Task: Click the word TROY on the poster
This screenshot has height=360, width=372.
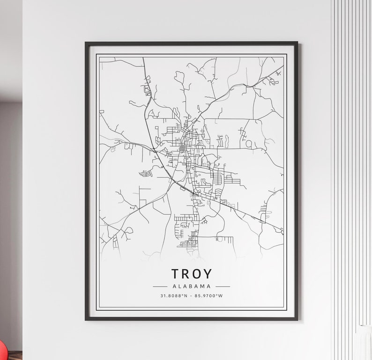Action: pyautogui.click(x=191, y=274)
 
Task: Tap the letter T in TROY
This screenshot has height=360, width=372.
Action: pyautogui.click(x=176, y=274)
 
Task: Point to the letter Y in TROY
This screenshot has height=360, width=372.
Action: pyautogui.click(x=208, y=274)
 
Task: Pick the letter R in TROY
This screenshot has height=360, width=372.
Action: pyautogui.click(x=186, y=274)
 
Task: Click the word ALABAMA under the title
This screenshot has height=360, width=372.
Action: pyautogui.click(x=191, y=286)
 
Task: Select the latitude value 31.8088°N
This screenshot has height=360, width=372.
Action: pyautogui.click(x=173, y=295)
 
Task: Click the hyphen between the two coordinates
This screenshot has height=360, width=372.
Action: pyautogui.click(x=191, y=295)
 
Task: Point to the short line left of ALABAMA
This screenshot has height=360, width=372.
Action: pyautogui.click(x=160, y=286)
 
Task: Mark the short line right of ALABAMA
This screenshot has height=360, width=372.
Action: pyautogui.click(x=223, y=286)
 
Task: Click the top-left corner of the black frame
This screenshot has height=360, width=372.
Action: pyautogui.click(x=86, y=43)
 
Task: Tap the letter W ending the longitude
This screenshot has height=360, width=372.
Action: pyautogui.click(x=221, y=295)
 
